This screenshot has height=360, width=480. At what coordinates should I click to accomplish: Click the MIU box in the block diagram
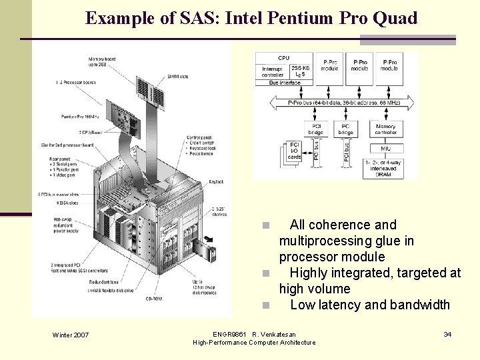click(385, 148)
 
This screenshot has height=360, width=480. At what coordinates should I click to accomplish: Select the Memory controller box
click(385, 129)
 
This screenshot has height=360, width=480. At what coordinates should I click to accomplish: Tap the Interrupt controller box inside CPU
click(273, 71)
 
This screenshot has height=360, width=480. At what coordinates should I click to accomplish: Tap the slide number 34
click(447, 333)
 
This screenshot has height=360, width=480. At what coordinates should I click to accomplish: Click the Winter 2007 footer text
click(70, 334)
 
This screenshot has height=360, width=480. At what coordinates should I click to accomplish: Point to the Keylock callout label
click(215, 181)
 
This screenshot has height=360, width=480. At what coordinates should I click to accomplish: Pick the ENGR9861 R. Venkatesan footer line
click(254, 333)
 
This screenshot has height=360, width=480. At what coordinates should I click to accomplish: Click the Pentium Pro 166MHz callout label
click(78, 117)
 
